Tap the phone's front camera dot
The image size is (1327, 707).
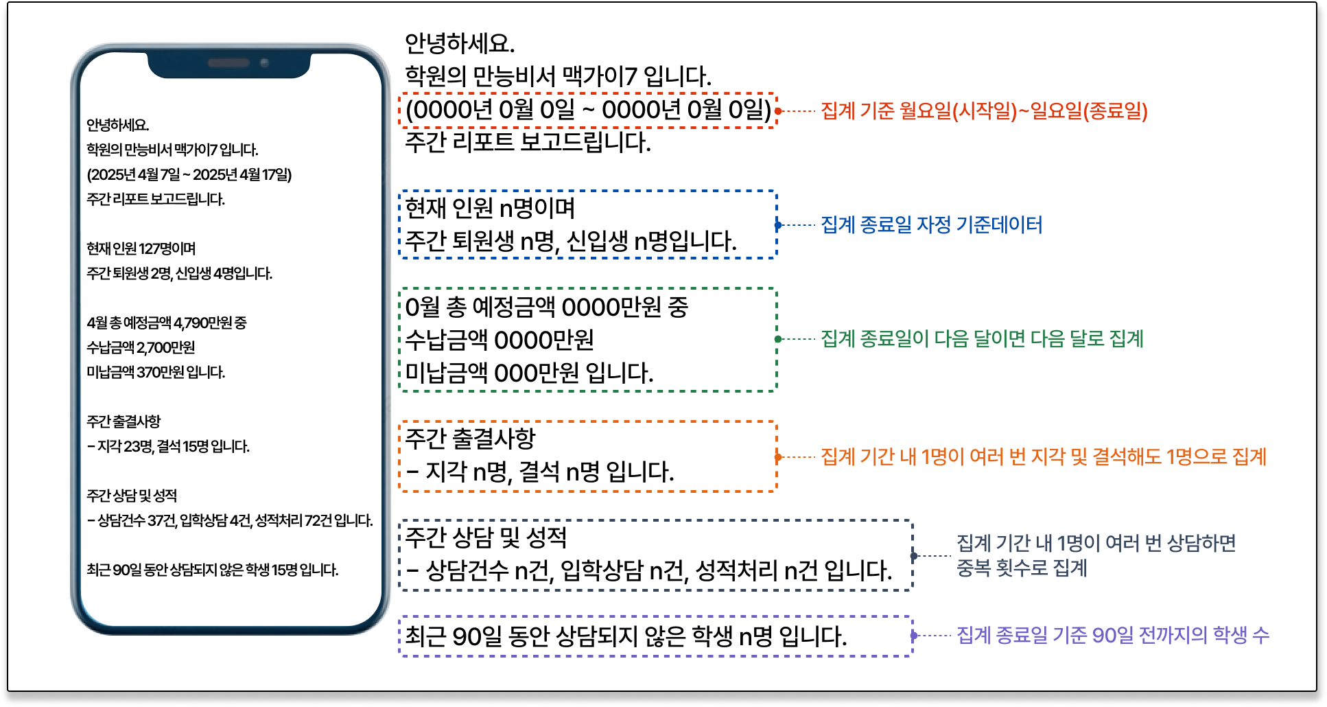[x=264, y=63]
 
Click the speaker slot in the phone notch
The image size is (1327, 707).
[x=228, y=63]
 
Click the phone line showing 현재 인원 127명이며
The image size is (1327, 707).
[x=141, y=248]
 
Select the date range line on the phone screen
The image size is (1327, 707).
[x=189, y=175]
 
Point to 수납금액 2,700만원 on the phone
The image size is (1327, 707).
[x=141, y=347]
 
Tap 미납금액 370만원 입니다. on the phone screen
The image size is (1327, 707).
[x=156, y=372]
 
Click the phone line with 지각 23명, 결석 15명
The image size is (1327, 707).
[x=168, y=446]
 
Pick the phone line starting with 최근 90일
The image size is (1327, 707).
[x=213, y=570]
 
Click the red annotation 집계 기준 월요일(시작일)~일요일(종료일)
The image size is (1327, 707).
[x=984, y=111]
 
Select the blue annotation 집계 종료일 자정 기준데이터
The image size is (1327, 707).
[x=931, y=224]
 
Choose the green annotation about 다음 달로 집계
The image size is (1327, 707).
[x=982, y=338]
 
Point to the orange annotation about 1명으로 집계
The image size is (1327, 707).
[x=1043, y=456]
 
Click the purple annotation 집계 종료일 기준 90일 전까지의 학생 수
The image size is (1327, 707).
[x=1112, y=635]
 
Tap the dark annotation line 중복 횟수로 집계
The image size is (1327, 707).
[x=1022, y=568]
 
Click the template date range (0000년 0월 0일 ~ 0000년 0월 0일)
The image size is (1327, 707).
[x=588, y=110]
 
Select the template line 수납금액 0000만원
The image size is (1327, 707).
[x=500, y=340]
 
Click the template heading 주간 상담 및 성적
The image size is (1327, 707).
[x=486, y=537]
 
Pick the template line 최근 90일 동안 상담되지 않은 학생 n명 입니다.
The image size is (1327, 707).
[x=626, y=636]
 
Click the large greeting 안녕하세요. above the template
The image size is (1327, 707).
[x=460, y=44]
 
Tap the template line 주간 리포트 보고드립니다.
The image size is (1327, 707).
[x=528, y=142]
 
